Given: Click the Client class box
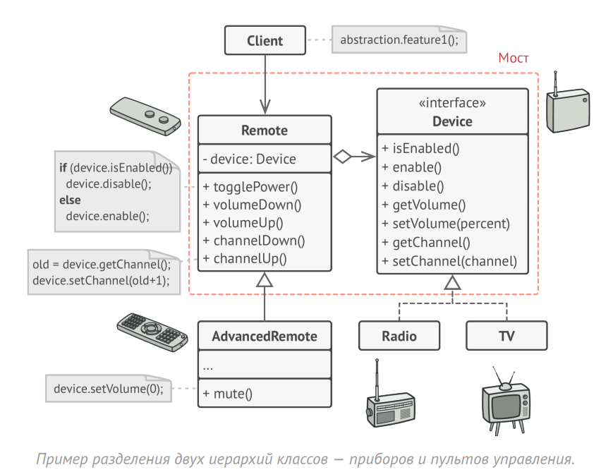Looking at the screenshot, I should click(265, 40).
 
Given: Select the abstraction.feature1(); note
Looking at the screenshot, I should click(399, 40).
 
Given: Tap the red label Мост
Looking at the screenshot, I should click(513, 58).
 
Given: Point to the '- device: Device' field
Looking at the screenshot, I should click(249, 159).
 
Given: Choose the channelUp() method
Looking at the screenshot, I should click(245, 258).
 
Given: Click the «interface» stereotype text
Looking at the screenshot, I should click(452, 103).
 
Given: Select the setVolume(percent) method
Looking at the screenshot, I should click(446, 224).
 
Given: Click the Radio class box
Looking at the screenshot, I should click(399, 336).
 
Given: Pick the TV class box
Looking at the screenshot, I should click(506, 336).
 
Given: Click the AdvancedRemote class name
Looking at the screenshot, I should click(265, 336).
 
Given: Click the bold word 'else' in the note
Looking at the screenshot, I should click(70, 200).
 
